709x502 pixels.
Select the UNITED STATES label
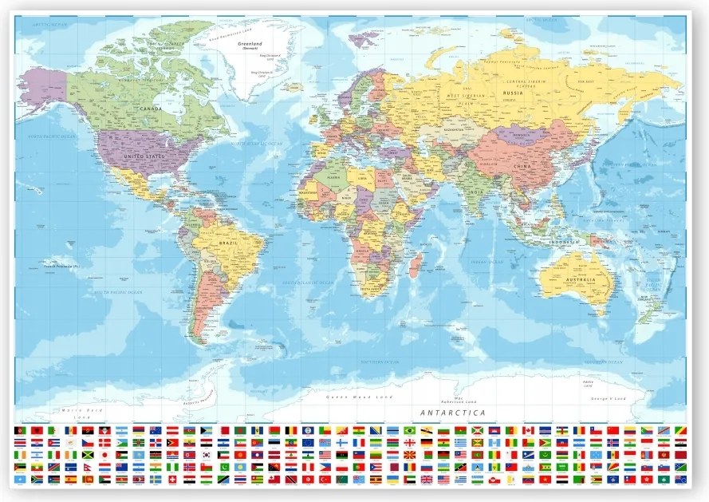[x=144, y=156]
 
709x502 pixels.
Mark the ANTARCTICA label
[x=452, y=413]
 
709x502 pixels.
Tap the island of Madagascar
[x=416, y=264]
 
